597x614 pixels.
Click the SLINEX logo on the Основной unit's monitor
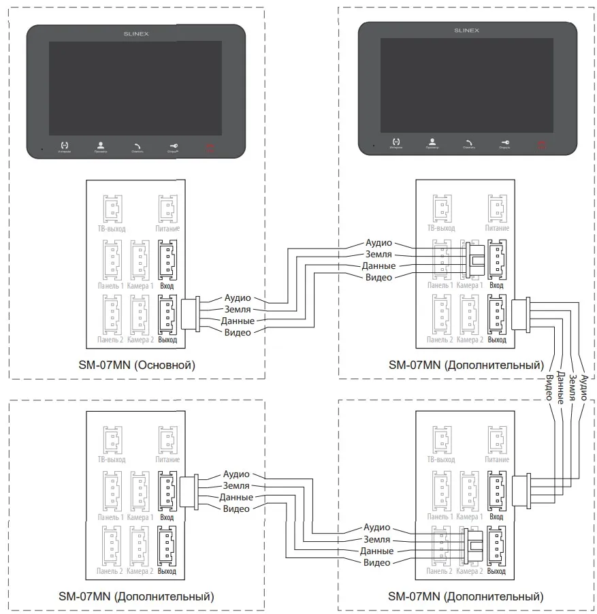tap(135, 32)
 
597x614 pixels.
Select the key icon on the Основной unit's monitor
tap(173, 145)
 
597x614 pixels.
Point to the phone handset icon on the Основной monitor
tap(137, 145)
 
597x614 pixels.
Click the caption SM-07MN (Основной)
tap(136, 365)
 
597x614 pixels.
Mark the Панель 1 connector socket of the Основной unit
tap(111, 259)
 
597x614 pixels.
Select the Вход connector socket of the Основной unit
tap(167, 259)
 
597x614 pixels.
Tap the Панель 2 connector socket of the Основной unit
tap(111, 314)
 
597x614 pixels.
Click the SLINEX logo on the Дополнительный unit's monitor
tap(466, 31)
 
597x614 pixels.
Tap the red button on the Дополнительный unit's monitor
tap(540, 144)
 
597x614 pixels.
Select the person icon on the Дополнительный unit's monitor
tap(432, 143)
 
